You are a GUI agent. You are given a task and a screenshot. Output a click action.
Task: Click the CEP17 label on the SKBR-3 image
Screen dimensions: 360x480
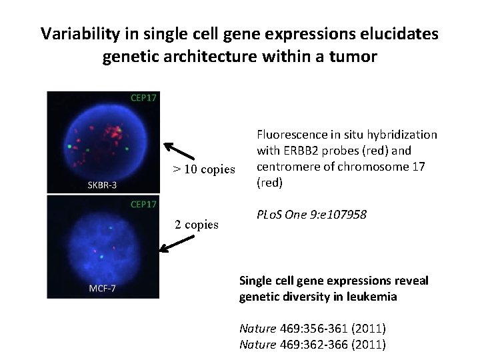point(143,98)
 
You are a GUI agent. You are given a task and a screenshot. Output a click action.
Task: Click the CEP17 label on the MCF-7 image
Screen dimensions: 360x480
point(143,203)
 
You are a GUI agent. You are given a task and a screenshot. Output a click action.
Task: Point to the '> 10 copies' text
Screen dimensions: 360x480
point(204,169)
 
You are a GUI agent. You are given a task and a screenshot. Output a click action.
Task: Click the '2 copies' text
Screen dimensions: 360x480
point(197,224)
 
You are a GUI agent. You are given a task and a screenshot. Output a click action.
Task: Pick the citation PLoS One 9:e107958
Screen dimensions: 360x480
point(311,215)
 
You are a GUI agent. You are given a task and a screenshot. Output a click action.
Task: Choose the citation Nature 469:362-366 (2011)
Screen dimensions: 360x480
point(312,344)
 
